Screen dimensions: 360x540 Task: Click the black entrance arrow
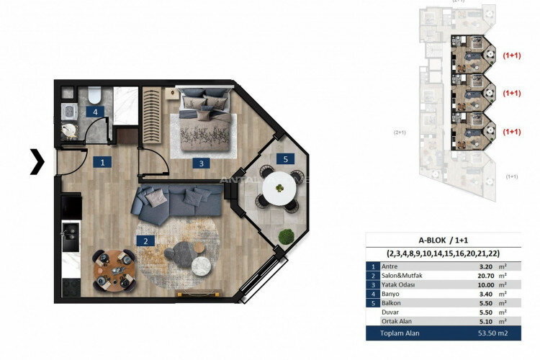37,162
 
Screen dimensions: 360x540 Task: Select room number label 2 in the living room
145,241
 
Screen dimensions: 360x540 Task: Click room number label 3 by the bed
202,163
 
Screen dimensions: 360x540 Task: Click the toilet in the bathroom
92,94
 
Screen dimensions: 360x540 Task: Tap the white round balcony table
277,189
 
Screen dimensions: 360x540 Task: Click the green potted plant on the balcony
287,236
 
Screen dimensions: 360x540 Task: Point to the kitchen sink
70,233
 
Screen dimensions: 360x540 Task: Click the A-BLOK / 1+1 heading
443,241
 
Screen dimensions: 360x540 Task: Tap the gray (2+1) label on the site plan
400,132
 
